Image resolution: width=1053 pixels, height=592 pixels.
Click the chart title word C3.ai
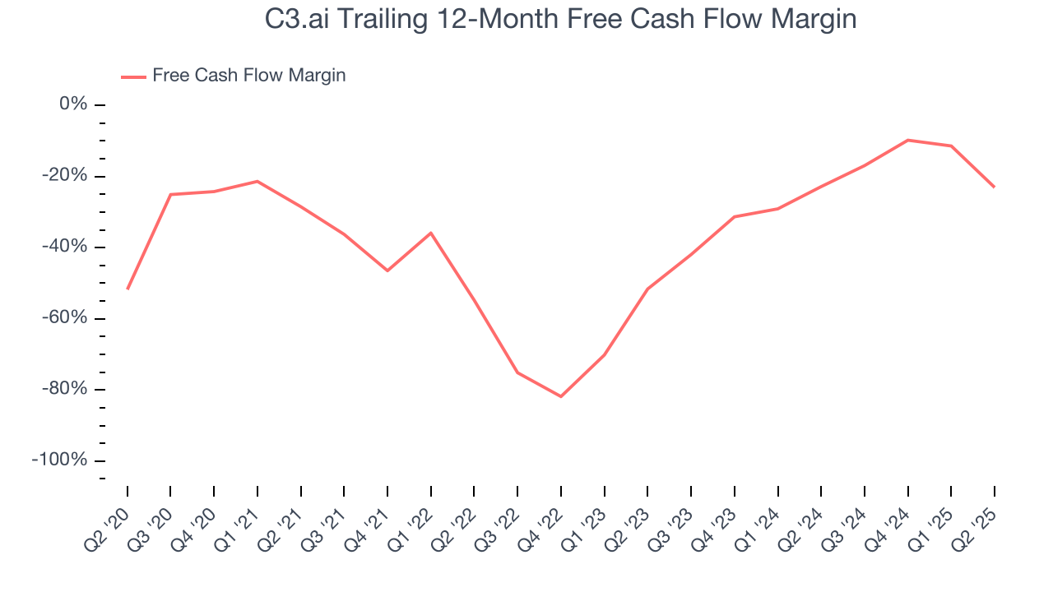point(299,19)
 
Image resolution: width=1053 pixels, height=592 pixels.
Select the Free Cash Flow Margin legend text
point(249,76)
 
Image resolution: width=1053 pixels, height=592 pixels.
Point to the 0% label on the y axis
point(72,104)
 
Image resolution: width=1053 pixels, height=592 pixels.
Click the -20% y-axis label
point(64,176)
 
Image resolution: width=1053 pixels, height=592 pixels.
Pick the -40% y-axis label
point(64,247)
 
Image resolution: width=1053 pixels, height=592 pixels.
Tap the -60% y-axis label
point(64,318)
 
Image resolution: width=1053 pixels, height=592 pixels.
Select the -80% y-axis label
point(64,389)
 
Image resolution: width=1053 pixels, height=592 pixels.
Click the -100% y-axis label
point(60,460)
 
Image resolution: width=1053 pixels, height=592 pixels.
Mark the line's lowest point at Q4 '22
point(561,396)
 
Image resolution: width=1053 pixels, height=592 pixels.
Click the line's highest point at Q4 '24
point(907,140)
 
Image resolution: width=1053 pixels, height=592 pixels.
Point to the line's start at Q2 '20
point(128,289)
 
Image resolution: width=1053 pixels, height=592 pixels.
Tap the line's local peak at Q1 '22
point(431,233)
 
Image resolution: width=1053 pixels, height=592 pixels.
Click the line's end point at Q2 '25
point(994,187)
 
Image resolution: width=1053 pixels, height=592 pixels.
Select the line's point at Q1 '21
point(257,181)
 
